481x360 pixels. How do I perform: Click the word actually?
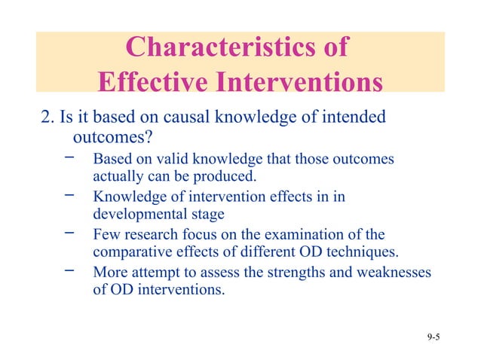118,178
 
